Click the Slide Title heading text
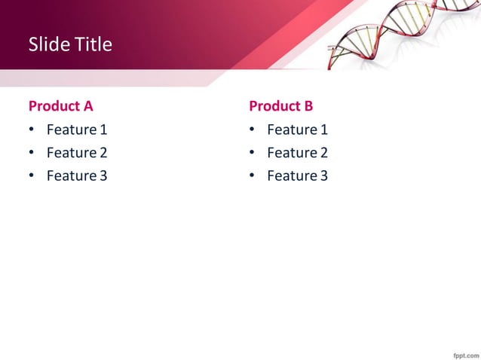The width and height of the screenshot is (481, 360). (x=70, y=44)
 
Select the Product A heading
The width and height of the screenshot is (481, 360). (x=60, y=105)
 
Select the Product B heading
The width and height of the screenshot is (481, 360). (x=280, y=105)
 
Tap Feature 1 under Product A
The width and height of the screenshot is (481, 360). (x=77, y=130)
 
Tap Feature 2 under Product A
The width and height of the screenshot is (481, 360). (x=77, y=153)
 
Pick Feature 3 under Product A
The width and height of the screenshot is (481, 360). (x=77, y=176)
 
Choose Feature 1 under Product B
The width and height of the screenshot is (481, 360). (x=297, y=130)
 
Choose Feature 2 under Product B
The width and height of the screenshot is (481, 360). (x=297, y=153)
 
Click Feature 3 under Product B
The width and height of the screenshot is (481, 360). (x=297, y=176)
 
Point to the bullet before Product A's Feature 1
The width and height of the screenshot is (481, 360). (x=32, y=130)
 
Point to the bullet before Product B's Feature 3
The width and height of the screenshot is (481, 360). (x=253, y=176)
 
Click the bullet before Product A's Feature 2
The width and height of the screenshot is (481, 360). (x=32, y=153)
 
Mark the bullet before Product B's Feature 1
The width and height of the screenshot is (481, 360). (x=253, y=130)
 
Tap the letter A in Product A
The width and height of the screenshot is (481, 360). (x=87, y=105)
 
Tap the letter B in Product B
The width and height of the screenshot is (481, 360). (x=308, y=105)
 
